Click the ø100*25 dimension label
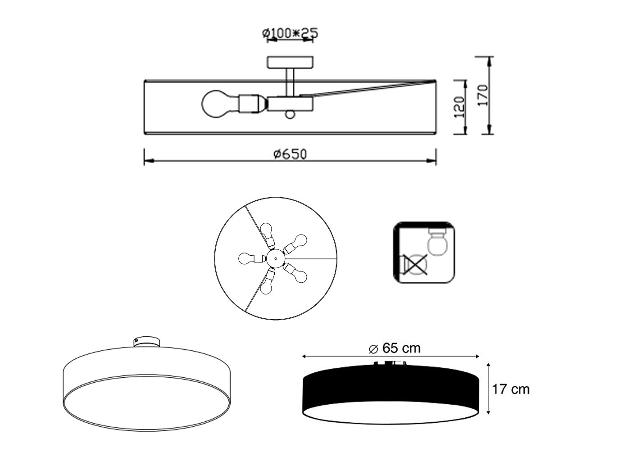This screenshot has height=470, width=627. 290,33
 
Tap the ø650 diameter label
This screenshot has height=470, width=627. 290,154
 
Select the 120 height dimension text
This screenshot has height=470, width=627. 459,107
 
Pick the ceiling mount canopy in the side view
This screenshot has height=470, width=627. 290,62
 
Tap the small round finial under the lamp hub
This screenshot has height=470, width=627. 290,115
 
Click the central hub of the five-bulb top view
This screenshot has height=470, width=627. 275,258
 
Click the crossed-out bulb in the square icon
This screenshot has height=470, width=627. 415,265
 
